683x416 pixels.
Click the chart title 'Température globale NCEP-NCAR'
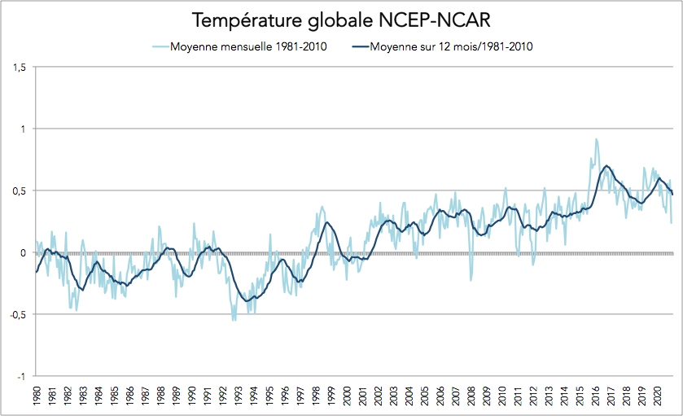[341, 20]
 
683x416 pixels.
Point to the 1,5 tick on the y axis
[19, 68]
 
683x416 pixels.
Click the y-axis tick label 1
[22, 129]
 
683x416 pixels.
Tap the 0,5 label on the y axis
[19, 191]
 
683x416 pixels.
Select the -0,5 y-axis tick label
[17, 315]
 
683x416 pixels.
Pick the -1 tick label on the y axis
[21, 377]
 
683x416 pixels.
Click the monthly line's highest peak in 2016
[596, 139]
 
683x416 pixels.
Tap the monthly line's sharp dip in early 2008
[471, 280]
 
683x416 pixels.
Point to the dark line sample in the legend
[357, 46]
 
